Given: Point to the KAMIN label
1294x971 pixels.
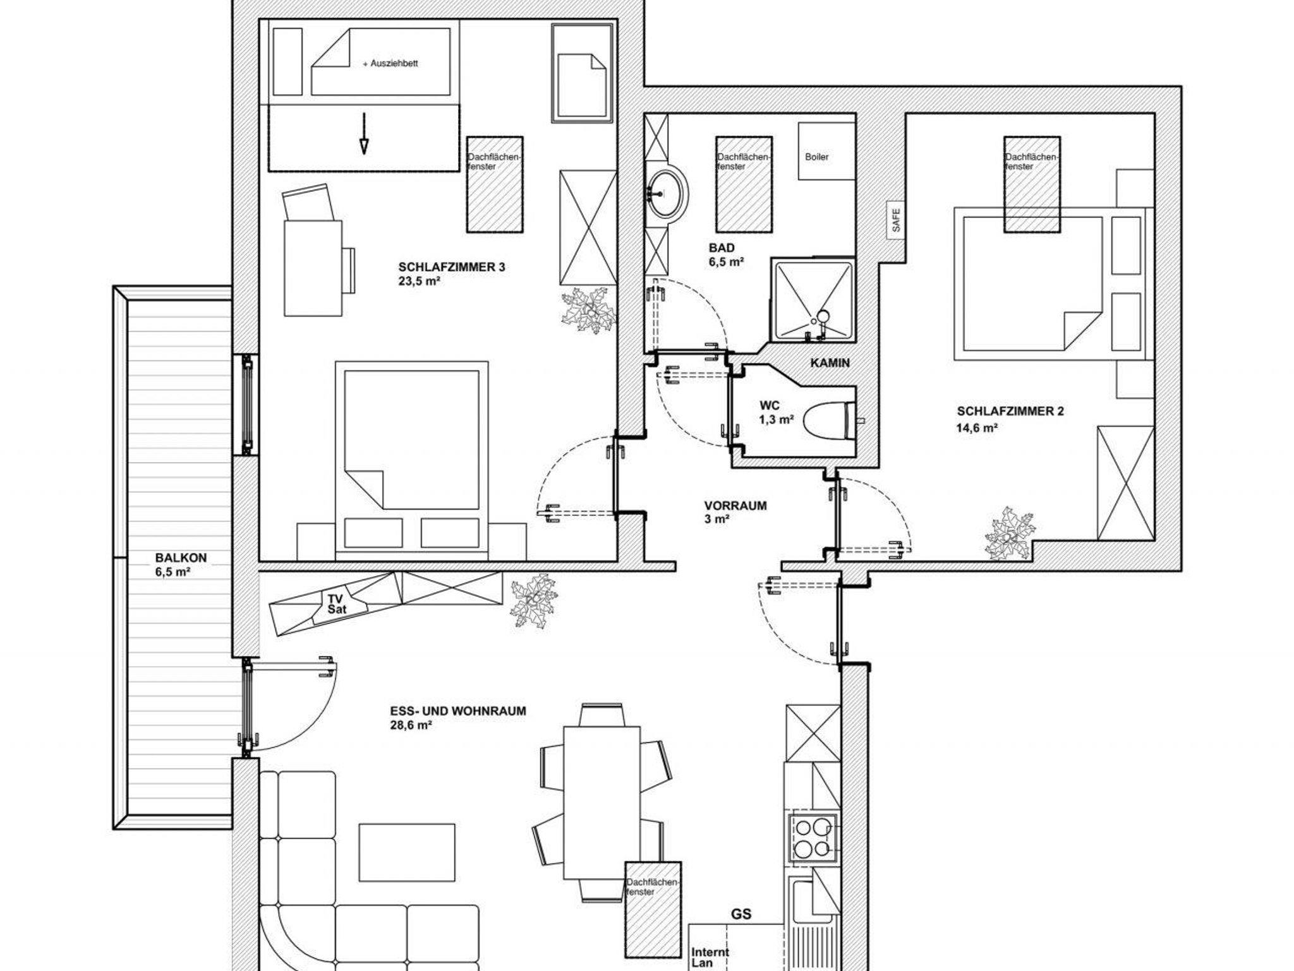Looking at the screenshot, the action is click(x=830, y=363).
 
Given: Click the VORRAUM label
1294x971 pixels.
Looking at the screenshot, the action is click(x=735, y=506).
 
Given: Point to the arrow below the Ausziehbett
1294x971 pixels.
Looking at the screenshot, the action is click(x=364, y=133).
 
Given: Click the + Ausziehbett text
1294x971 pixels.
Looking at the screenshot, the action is click(x=390, y=64).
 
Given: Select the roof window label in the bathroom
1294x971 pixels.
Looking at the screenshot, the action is click(x=744, y=162).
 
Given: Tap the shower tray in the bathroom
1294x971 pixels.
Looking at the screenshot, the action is click(x=813, y=302).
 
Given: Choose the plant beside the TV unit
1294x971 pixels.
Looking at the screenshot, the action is click(x=534, y=600).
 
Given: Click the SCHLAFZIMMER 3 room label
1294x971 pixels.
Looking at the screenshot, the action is click(x=452, y=267).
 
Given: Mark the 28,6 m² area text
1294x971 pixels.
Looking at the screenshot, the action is click(x=411, y=726).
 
